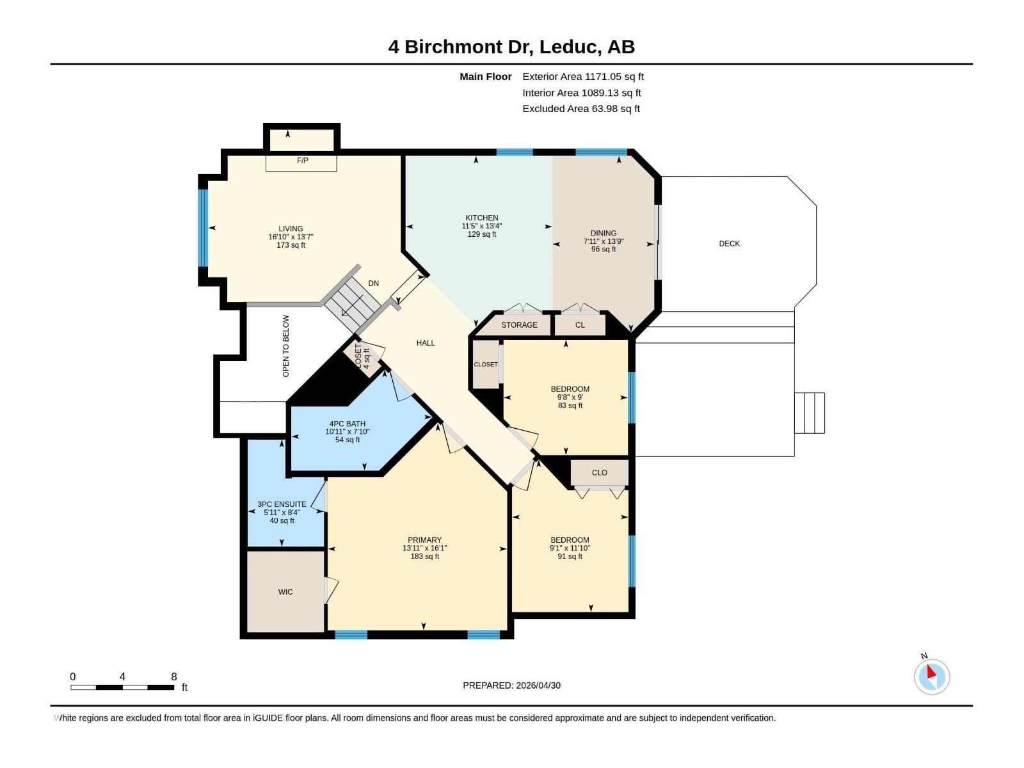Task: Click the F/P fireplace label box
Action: click(x=302, y=161)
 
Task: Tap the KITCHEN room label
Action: click(x=481, y=218)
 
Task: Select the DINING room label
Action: click(x=603, y=234)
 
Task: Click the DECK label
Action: click(x=729, y=244)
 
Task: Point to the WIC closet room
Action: click(x=285, y=592)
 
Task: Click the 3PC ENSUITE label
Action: click(x=282, y=504)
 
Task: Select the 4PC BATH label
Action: click(x=347, y=424)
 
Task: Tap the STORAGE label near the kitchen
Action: click(x=519, y=325)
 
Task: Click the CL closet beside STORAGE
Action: click(x=580, y=325)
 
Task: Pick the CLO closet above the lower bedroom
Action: click(x=599, y=473)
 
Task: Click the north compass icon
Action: click(x=931, y=676)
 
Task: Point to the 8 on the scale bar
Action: click(x=173, y=676)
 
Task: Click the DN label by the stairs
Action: click(x=373, y=284)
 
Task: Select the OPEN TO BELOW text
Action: click(x=286, y=346)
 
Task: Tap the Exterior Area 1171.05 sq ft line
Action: click(x=582, y=77)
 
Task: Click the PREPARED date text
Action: click(x=511, y=685)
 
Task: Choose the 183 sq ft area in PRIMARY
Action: click(x=424, y=557)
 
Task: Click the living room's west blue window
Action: click(x=203, y=227)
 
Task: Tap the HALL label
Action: click(x=425, y=343)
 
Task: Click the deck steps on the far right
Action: click(x=810, y=413)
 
